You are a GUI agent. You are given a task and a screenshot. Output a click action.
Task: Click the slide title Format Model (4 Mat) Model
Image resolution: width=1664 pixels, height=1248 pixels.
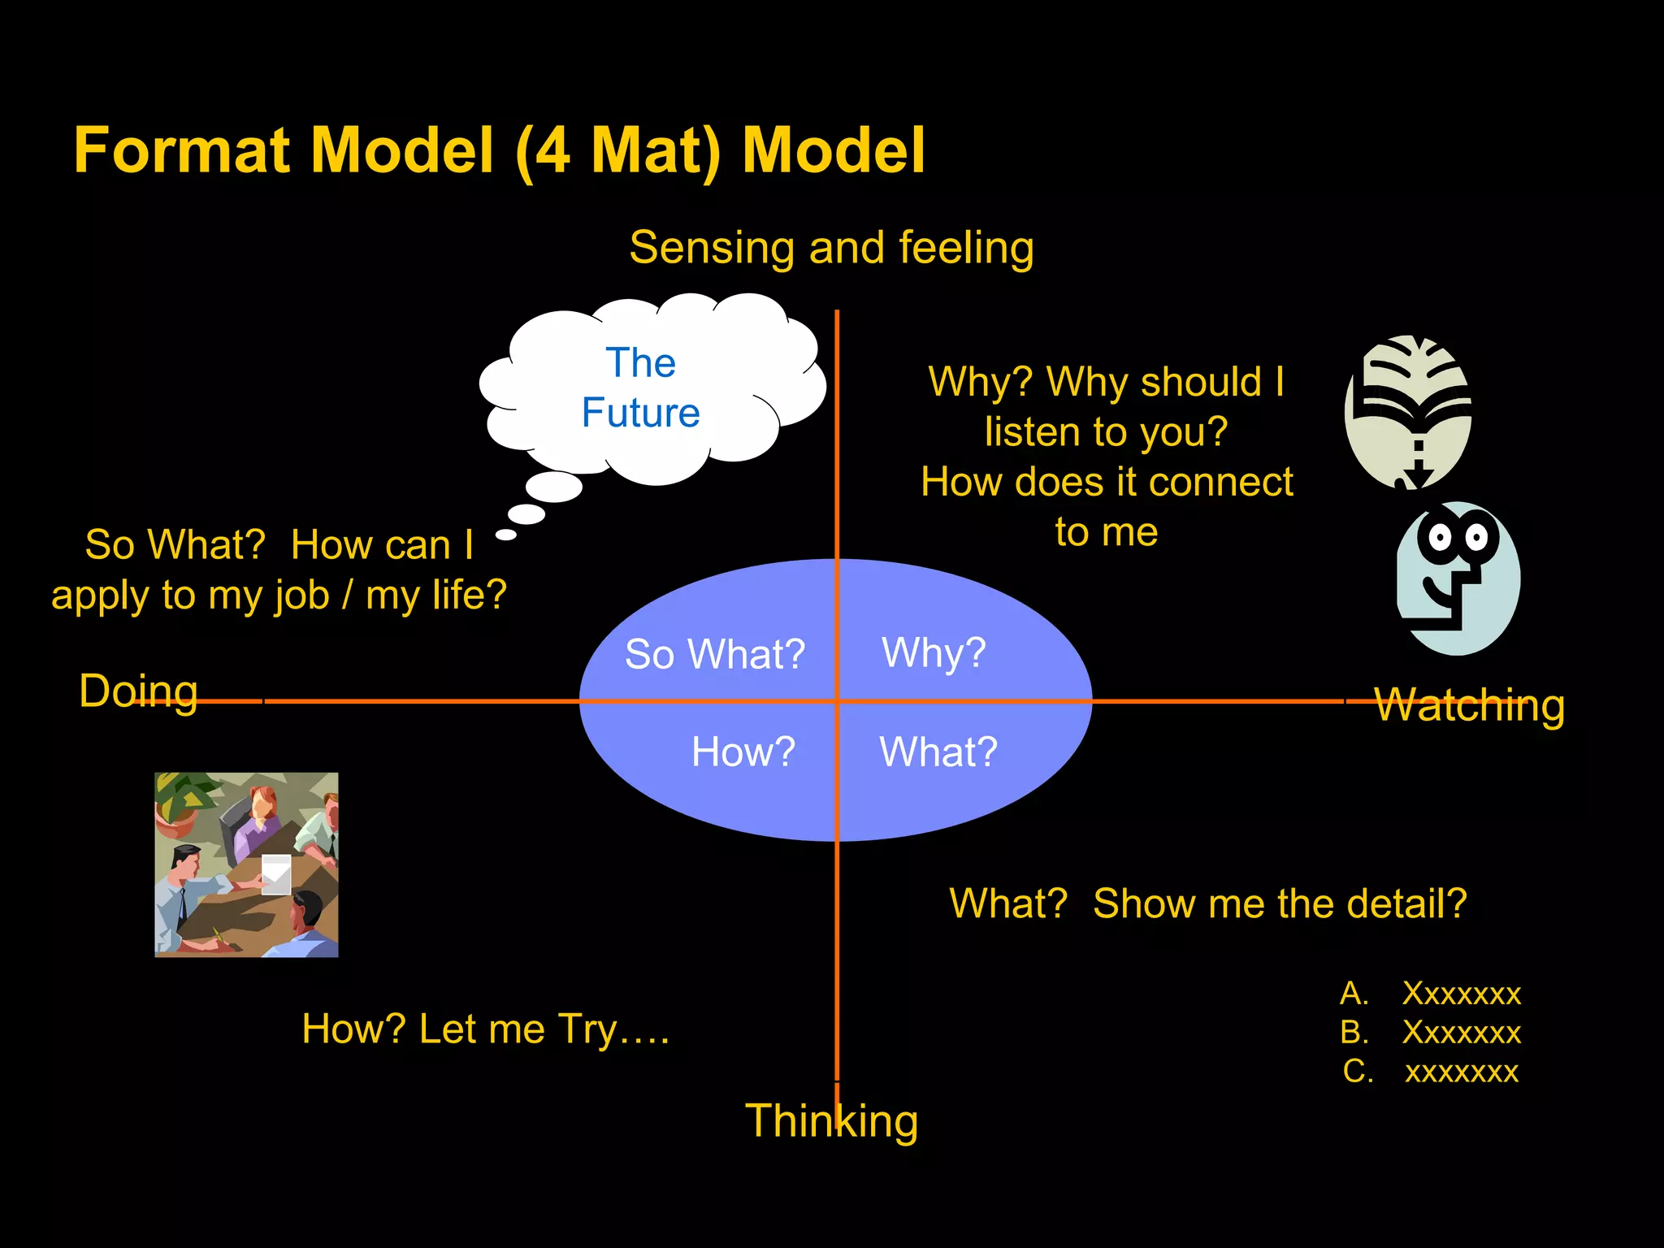(x=499, y=151)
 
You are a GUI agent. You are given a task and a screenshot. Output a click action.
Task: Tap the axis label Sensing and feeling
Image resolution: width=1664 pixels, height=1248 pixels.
(x=831, y=248)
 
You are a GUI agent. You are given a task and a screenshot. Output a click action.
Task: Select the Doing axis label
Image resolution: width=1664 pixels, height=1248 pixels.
(x=138, y=691)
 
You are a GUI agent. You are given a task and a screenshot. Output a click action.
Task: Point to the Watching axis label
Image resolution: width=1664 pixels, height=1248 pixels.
(x=1469, y=705)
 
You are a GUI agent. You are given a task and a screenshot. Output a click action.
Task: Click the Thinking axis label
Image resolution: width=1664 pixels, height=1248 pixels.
(x=831, y=1121)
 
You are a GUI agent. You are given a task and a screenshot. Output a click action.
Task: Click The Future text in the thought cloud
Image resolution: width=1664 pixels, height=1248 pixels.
(x=640, y=388)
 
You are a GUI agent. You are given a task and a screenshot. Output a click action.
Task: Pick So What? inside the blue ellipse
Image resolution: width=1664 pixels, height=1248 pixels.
(x=714, y=654)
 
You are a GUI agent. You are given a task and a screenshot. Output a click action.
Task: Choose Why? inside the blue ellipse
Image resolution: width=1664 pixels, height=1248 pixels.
(x=934, y=652)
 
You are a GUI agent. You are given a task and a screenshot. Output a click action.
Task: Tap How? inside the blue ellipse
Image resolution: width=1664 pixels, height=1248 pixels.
(x=743, y=752)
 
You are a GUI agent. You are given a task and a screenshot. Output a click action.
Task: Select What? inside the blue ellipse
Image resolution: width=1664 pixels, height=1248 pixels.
(x=938, y=752)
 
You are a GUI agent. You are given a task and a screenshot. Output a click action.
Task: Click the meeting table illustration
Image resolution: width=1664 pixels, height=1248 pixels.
(x=246, y=864)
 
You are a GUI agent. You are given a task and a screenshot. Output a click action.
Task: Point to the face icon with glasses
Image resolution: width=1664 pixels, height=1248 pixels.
(x=1458, y=578)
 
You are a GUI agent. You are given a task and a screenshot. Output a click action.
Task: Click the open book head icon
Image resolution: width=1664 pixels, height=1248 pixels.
(x=1407, y=410)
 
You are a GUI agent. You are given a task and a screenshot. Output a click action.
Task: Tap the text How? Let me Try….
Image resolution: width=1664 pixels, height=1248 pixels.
(x=485, y=1029)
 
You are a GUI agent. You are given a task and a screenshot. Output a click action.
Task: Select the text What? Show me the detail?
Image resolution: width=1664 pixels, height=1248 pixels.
(x=1207, y=903)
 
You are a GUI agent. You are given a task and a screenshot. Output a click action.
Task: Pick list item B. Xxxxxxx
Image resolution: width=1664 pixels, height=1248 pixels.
(x=1430, y=1033)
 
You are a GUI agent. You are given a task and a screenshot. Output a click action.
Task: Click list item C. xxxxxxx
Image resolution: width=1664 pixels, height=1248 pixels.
(x=1430, y=1072)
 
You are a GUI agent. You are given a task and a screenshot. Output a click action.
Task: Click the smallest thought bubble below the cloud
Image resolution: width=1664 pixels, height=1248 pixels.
(x=506, y=535)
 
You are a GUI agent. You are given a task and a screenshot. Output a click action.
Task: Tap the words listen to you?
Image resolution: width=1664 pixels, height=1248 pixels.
(x=1106, y=431)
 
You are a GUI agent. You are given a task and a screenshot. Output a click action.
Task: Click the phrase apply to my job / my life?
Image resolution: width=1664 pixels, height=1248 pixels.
(x=279, y=595)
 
